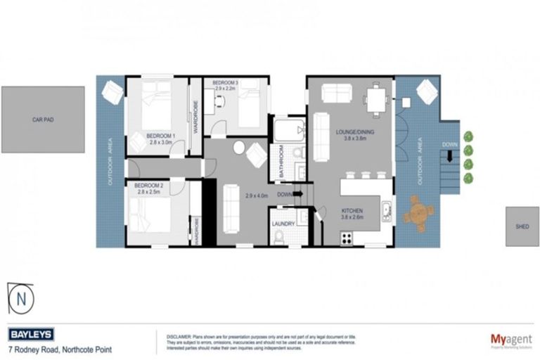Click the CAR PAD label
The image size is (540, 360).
pyautogui.click(x=43, y=120)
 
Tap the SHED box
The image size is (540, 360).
pyautogui.click(x=522, y=226)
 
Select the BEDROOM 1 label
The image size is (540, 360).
pyautogui.click(x=160, y=135)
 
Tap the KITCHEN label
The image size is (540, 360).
pyautogui.click(x=352, y=210)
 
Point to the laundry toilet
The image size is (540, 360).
pyautogui.click(x=281, y=239)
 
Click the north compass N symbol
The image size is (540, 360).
pyautogui.click(x=21, y=297)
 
